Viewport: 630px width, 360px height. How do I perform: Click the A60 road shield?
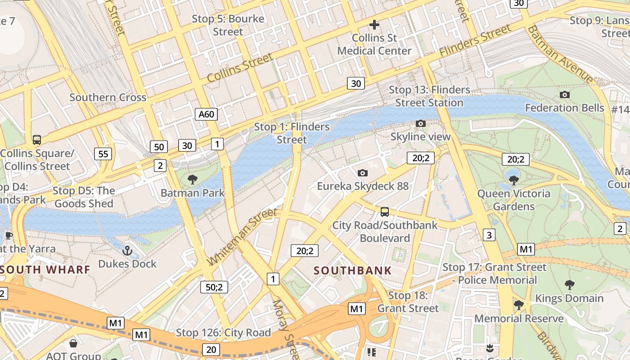tap(207, 114)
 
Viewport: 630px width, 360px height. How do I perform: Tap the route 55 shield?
tap(103, 154)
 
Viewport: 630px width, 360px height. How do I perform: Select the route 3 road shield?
tap(489, 234)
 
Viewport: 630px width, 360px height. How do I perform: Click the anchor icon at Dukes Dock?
tap(127, 250)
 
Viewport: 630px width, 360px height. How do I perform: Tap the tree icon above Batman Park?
tap(193, 180)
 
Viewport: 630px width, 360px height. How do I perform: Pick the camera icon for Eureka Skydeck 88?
tap(362, 173)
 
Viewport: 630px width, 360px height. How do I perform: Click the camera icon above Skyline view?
tap(420, 123)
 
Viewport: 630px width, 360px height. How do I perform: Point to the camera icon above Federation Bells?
tap(564, 94)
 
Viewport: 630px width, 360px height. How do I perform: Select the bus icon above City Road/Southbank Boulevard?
tap(385, 211)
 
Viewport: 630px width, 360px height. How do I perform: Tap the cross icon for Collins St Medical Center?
tap(374, 25)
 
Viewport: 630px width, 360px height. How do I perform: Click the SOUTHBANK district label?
tap(353, 270)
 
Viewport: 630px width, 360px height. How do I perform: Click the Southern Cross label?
tap(108, 97)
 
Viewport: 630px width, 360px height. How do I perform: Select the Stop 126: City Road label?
tap(223, 333)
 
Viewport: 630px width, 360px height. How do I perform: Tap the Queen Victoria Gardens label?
tap(513, 200)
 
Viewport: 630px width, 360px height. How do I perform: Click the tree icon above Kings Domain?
tap(569, 284)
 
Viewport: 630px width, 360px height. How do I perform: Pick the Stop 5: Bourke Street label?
tap(228, 25)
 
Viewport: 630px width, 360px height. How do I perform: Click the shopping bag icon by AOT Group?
tap(73, 344)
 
